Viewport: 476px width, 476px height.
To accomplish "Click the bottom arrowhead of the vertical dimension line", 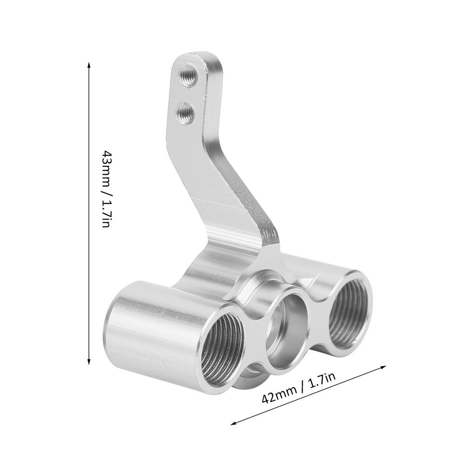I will (x=89, y=363).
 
